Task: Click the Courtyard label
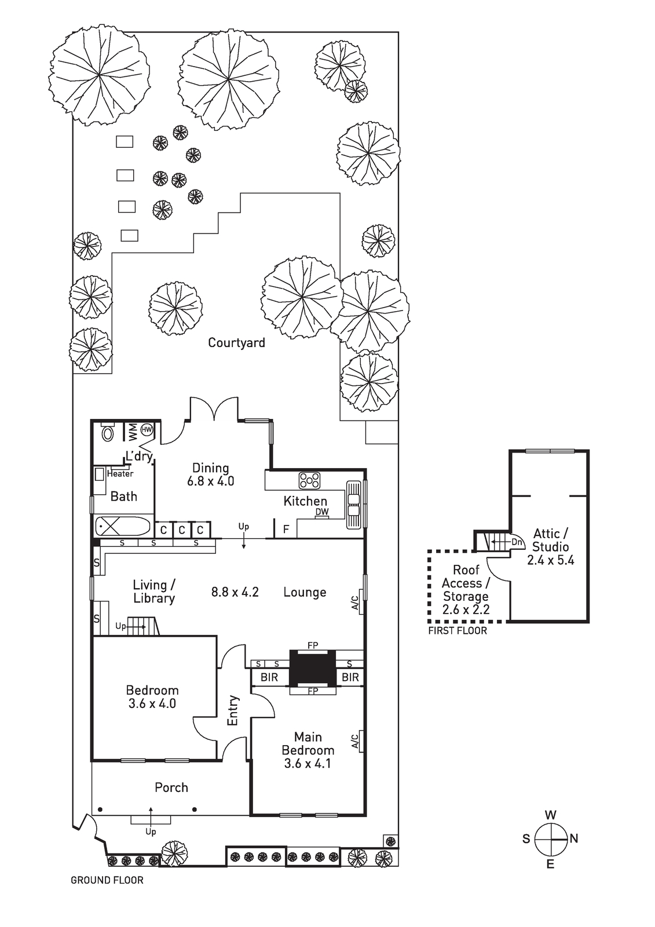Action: pyautogui.click(x=236, y=342)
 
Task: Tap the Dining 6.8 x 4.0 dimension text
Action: pyautogui.click(x=211, y=481)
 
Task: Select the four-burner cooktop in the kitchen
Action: pyautogui.click(x=309, y=480)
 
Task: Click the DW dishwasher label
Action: pyautogui.click(x=322, y=512)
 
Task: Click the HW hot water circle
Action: pyautogui.click(x=147, y=429)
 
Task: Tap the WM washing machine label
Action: pyautogui.click(x=133, y=432)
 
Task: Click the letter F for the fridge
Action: pyautogui.click(x=286, y=530)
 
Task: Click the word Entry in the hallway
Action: pyautogui.click(x=233, y=710)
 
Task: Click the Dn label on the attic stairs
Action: pyautogui.click(x=517, y=542)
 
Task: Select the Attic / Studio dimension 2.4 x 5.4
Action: pyautogui.click(x=550, y=560)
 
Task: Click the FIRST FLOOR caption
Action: pyautogui.click(x=458, y=631)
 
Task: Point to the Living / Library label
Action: pyautogui.click(x=154, y=592)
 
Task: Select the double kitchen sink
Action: pyautogui.click(x=353, y=505)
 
